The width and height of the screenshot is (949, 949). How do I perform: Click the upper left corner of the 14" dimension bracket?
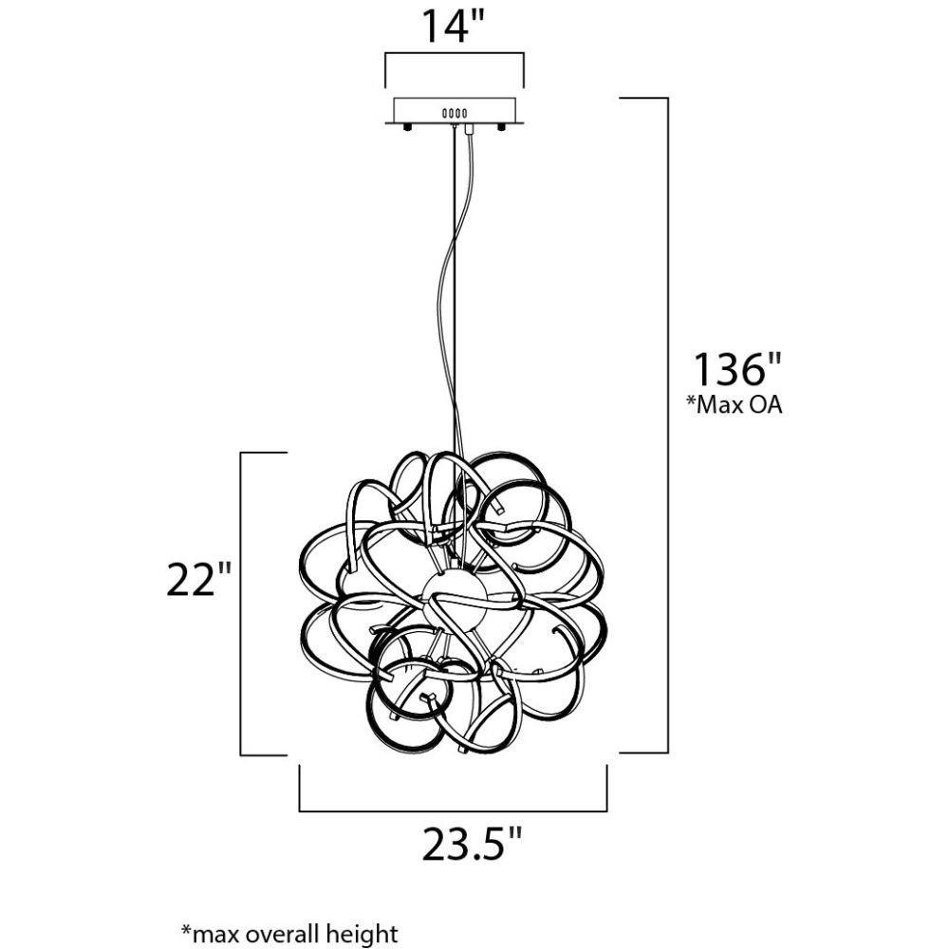[x=385, y=55]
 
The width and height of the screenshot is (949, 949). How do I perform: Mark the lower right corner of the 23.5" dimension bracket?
[x=606, y=810]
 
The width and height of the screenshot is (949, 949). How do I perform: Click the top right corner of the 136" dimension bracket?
[x=667, y=98]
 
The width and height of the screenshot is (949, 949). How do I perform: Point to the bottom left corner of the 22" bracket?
[x=241, y=754]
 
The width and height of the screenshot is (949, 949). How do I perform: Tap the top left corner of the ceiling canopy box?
[x=394, y=99]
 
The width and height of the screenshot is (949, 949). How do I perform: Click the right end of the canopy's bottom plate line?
[x=524, y=123]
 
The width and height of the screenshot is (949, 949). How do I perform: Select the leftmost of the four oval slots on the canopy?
[x=445, y=113]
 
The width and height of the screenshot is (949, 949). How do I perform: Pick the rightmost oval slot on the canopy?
[x=465, y=113]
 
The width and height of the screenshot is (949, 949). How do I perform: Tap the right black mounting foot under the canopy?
[x=501, y=127]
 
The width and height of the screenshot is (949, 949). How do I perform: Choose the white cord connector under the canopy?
[x=467, y=129]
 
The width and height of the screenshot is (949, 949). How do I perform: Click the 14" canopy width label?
[x=454, y=27]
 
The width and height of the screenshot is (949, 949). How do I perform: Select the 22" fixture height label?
[x=199, y=579]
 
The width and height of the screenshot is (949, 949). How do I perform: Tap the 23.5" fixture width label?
[x=472, y=844]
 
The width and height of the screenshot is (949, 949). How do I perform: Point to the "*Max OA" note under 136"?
[x=734, y=404]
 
